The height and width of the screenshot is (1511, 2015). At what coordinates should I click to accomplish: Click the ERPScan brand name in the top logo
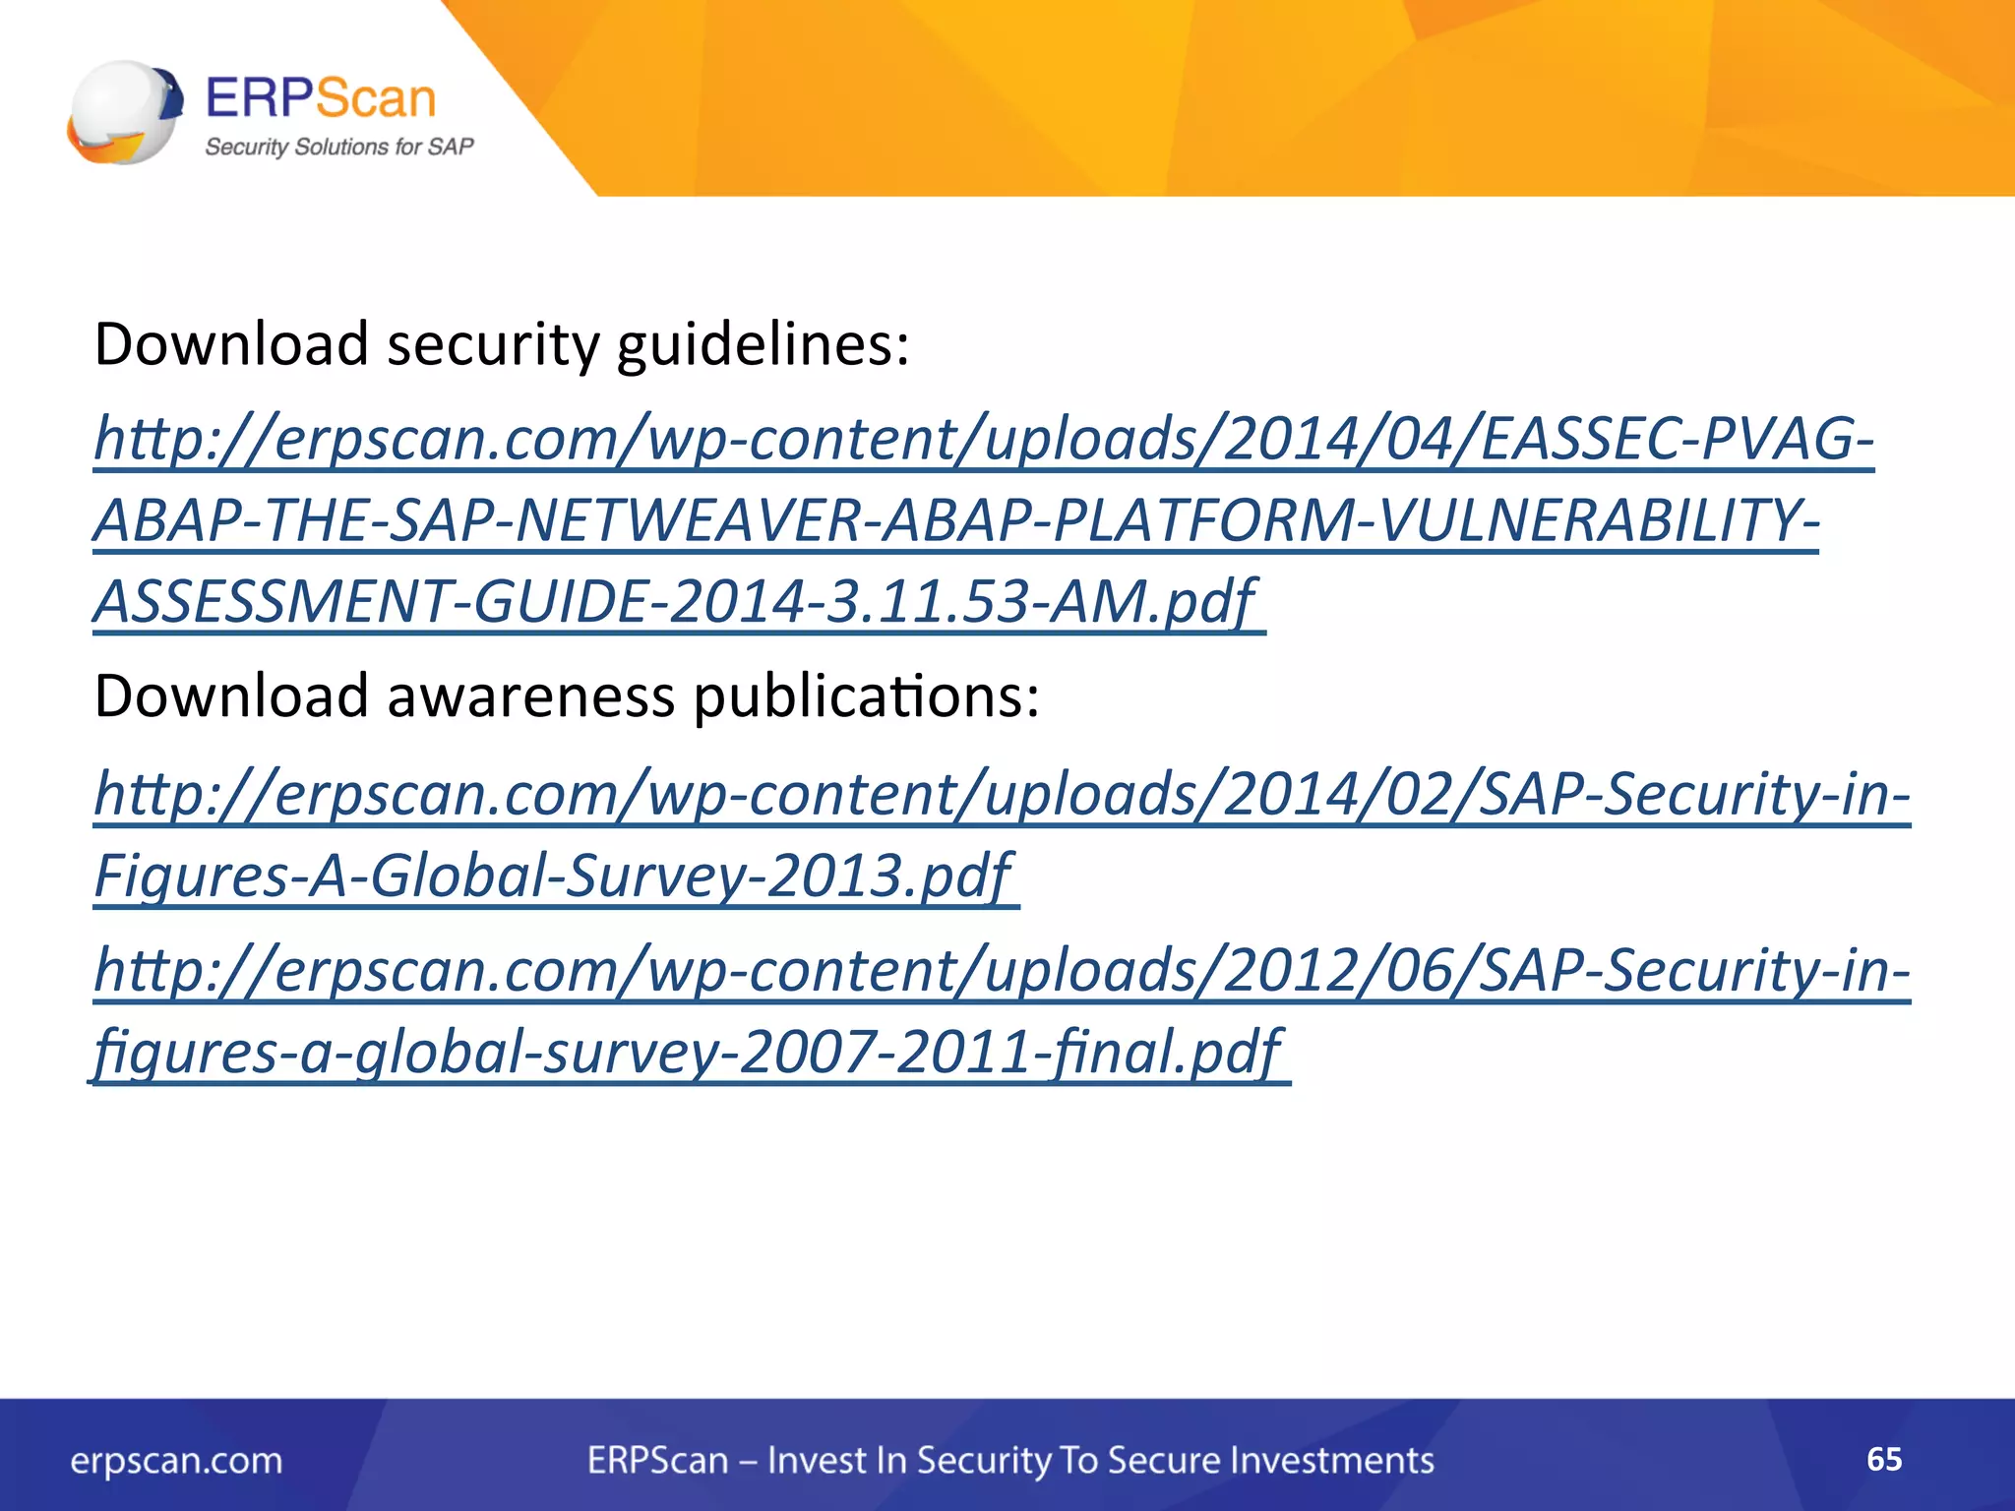[x=320, y=98]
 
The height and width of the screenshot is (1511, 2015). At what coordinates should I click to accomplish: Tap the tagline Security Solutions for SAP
[x=338, y=147]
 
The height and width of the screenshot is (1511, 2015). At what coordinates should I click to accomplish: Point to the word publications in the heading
[x=866, y=696]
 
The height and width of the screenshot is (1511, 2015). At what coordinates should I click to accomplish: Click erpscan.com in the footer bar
[x=176, y=1460]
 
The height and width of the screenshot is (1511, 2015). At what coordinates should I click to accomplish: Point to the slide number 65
[x=1883, y=1459]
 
